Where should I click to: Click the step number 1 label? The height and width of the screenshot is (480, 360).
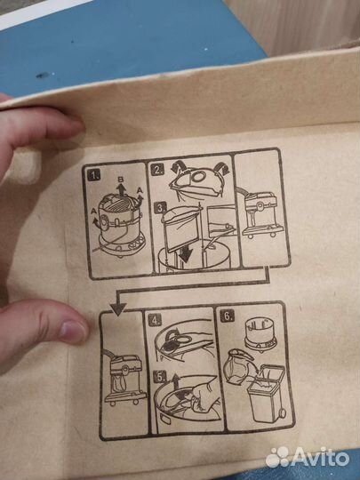[93, 175]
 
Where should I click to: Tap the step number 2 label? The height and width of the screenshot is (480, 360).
[157, 170]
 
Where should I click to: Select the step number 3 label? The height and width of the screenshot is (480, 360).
[161, 209]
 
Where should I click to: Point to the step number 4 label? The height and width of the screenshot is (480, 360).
[155, 321]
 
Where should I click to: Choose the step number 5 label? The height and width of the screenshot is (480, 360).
[160, 377]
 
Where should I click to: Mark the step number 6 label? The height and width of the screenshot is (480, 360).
[228, 316]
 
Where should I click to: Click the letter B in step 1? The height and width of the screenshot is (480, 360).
[121, 180]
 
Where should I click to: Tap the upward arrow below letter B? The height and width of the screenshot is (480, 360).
[122, 190]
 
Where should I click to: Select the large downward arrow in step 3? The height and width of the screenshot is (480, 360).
[186, 252]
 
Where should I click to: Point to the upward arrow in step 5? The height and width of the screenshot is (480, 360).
[175, 381]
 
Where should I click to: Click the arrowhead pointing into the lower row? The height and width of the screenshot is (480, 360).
[118, 308]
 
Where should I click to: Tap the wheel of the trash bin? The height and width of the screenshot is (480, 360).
[281, 413]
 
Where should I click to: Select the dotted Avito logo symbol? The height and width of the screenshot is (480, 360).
[277, 457]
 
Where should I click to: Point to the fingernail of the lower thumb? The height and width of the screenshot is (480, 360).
[73, 332]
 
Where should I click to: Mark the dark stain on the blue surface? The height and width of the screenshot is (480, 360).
[43, 75]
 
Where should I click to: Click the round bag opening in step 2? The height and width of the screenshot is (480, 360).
[199, 177]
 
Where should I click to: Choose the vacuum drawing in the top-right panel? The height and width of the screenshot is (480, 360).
[260, 212]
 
